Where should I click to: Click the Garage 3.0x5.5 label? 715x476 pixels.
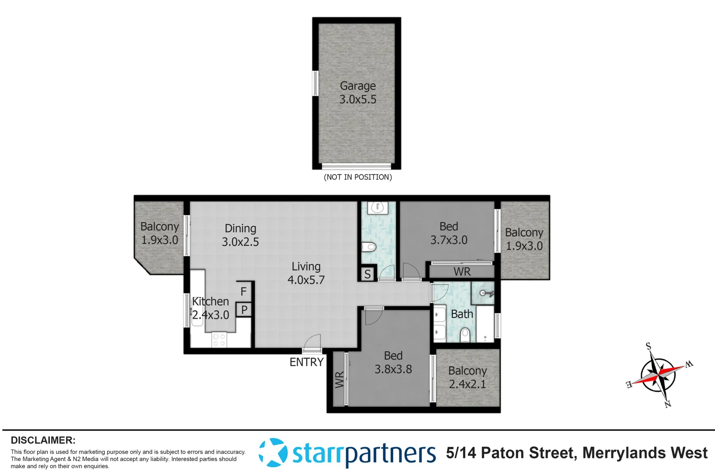pyautogui.click(x=357, y=93)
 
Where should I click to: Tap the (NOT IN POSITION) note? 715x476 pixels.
pyautogui.click(x=357, y=177)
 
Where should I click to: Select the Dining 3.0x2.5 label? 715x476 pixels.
pyautogui.click(x=240, y=235)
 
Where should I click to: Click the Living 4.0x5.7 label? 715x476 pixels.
pyautogui.click(x=306, y=273)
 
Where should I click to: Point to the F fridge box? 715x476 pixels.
pyautogui.click(x=244, y=291)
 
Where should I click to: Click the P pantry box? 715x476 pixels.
pyautogui.click(x=244, y=310)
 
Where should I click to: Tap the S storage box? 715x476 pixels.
pyautogui.click(x=367, y=275)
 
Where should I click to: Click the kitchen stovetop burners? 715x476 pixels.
pyautogui.click(x=219, y=340)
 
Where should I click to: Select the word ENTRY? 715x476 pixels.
pyautogui.click(x=306, y=362)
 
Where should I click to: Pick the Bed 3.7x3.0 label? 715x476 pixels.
pyautogui.click(x=448, y=233)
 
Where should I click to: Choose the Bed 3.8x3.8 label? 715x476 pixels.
pyautogui.click(x=393, y=362)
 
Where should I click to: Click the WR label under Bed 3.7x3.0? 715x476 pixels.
pyautogui.click(x=462, y=272)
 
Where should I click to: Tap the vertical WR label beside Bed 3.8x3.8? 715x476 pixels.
pyautogui.click(x=339, y=379)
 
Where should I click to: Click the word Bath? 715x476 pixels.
pyautogui.click(x=462, y=314)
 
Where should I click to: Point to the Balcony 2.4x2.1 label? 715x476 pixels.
pyautogui.click(x=467, y=377)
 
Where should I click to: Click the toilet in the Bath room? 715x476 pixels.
pyautogui.click(x=464, y=335)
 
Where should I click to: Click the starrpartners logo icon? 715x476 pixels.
pyautogui.click(x=273, y=453)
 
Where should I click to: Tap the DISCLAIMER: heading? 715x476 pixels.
pyautogui.click(x=43, y=440)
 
